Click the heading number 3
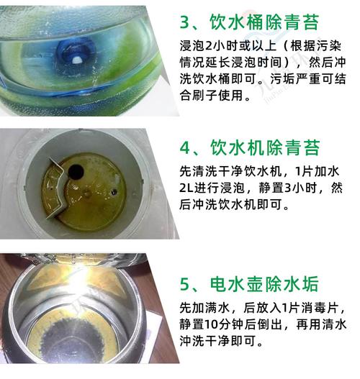[185, 22]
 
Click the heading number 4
[185, 147]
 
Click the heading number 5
[185, 284]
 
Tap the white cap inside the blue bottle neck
[78, 60]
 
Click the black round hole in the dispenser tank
[76, 172]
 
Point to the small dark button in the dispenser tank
[114, 192]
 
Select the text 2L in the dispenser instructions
[186, 188]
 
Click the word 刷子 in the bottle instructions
[204, 95]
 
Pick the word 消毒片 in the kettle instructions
[320, 308]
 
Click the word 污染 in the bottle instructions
[328, 46]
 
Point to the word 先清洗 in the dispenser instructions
[199, 172]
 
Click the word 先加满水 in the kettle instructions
[204, 308]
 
